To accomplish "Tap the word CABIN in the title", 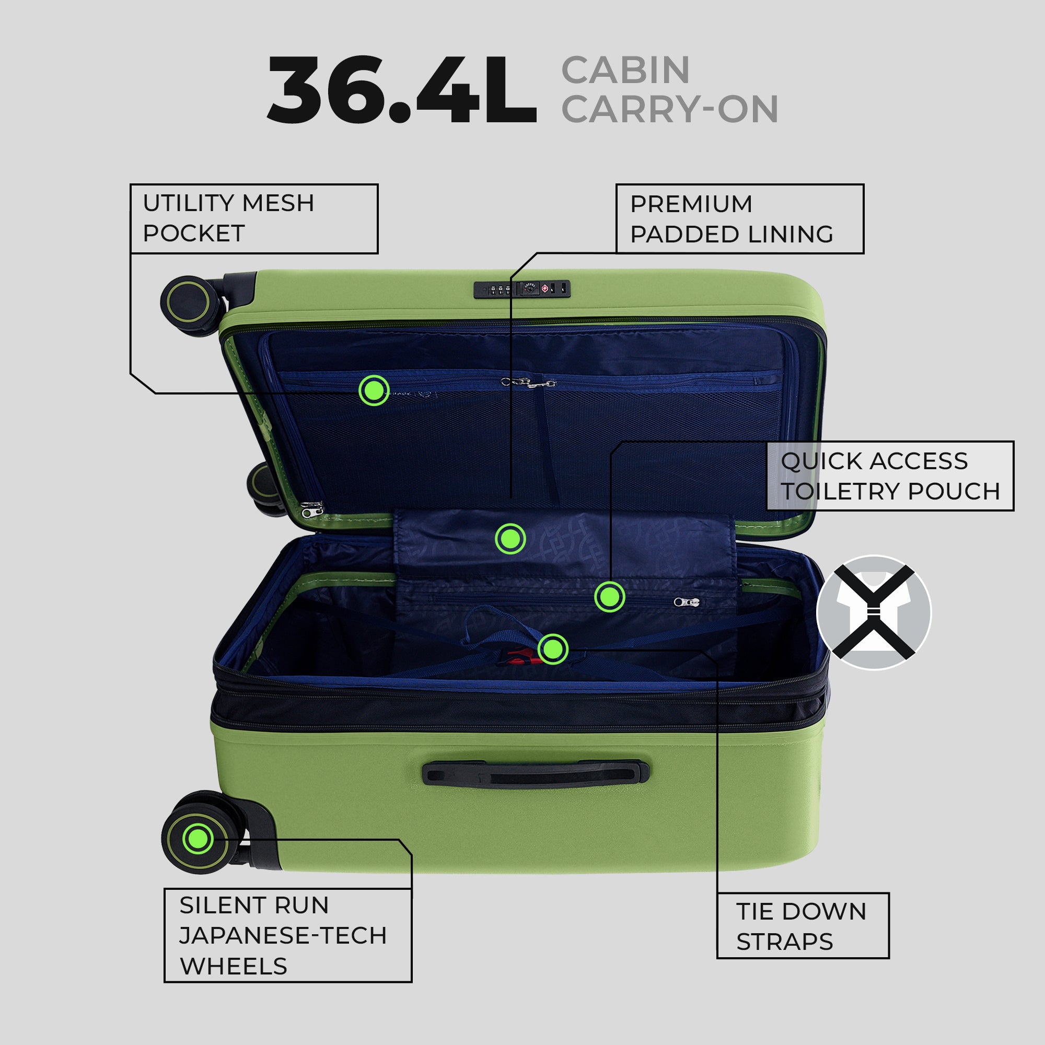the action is (x=625, y=71).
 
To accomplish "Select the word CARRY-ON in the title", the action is (x=670, y=109).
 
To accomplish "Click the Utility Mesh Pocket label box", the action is (x=254, y=218).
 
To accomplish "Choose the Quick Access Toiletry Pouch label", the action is (x=890, y=476).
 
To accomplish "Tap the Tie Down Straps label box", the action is (x=803, y=925).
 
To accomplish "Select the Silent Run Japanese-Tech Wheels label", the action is (x=288, y=935).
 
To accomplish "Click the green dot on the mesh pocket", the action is (x=374, y=390).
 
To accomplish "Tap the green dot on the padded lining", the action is (x=510, y=539).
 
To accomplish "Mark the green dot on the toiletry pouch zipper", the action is (x=610, y=597).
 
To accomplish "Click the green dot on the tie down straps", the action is (x=553, y=649).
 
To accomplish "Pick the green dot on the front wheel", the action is (x=198, y=839).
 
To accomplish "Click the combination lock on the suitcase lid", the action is (x=522, y=289).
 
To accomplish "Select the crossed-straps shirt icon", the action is (x=874, y=613).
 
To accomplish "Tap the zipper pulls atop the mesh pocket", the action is (x=528, y=383).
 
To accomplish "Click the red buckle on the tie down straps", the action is (x=519, y=657).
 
